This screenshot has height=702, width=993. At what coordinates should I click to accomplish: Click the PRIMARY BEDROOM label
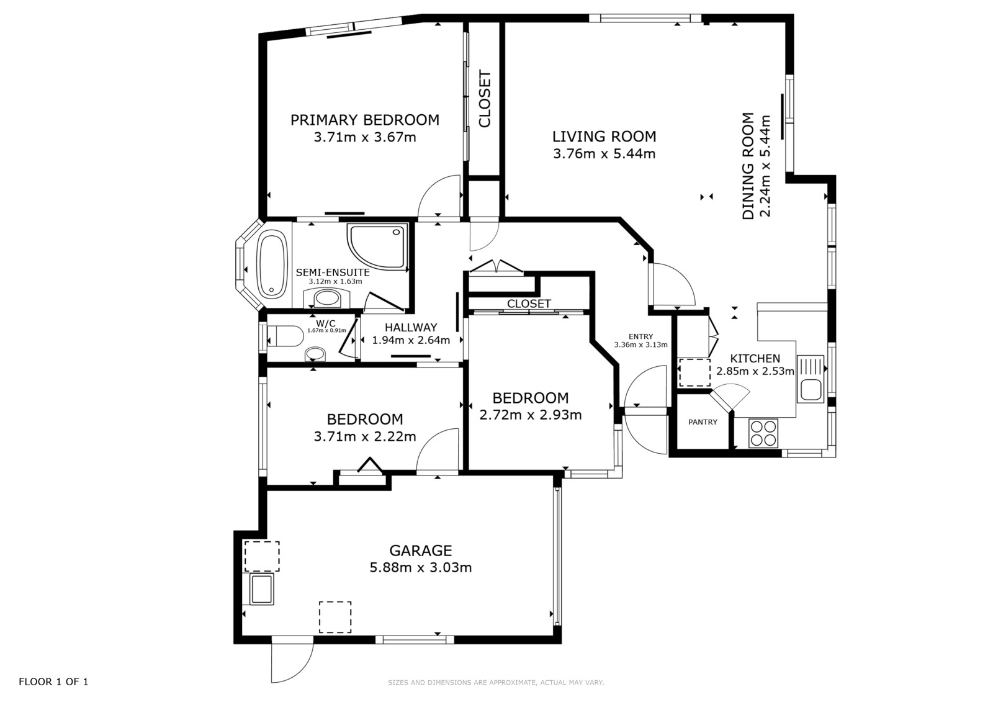click(x=365, y=120)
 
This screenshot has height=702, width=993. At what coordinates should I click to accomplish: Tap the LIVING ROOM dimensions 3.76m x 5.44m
click(x=604, y=154)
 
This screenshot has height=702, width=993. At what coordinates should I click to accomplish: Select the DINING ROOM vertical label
click(x=748, y=166)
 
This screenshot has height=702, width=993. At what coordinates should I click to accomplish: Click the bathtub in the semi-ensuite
click(x=273, y=264)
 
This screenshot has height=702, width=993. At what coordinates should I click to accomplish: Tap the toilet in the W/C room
click(x=285, y=336)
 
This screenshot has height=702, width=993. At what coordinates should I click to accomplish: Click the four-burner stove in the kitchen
click(x=763, y=433)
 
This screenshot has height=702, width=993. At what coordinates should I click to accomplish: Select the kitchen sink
click(x=811, y=379)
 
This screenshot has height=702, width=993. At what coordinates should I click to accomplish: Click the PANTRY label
click(x=703, y=422)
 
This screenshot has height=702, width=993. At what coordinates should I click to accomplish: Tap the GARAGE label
click(x=421, y=551)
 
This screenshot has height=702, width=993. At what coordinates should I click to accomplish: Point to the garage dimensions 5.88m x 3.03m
click(x=421, y=568)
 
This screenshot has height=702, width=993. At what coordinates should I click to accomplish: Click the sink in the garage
click(x=261, y=589)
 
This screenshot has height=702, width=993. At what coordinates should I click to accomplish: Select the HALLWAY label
click(x=411, y=328)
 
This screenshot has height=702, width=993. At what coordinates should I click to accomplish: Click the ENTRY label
click(x=640, y=336)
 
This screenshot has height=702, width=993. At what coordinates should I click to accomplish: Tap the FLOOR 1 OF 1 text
click(x=53, y=682)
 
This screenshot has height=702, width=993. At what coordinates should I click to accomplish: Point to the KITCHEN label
click(x=755, y=358)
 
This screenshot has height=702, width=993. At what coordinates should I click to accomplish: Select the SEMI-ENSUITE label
click(x=333, y=272)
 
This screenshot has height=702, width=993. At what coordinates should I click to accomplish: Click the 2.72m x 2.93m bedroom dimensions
click(x=531, y=415)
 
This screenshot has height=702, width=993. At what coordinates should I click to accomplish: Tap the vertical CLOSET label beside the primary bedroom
click(x=485, y=99)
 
